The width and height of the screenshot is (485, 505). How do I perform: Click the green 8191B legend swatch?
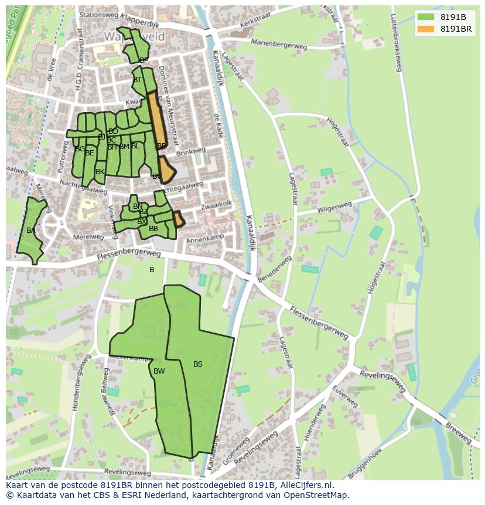[426, 17]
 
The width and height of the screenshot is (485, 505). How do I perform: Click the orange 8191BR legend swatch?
[426, 29]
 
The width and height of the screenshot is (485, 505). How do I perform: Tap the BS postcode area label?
[198, 364]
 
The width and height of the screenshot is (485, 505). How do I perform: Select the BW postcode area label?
[159, 371]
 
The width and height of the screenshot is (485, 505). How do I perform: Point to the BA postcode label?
[30, 231]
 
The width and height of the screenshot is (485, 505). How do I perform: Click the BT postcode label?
[138, 80]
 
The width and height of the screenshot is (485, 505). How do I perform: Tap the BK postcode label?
[100, 172]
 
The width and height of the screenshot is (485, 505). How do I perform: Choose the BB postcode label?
[153, 229]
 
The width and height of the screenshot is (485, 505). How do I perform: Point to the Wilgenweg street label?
[334, 208]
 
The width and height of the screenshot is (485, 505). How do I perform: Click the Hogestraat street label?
[338, 134]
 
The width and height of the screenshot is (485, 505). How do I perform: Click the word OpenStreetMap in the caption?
[316, 496]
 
